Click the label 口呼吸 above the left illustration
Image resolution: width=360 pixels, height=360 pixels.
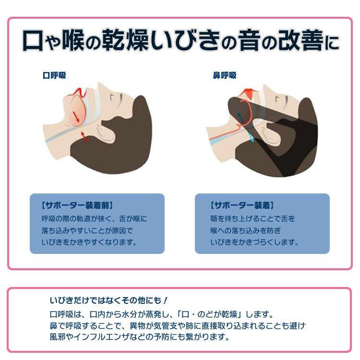click(54, 75)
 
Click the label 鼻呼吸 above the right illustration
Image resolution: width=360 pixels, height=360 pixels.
click(225, 75)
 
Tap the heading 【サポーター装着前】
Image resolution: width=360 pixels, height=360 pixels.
click(77, 205)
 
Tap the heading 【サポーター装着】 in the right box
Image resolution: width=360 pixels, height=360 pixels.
click(242, 205)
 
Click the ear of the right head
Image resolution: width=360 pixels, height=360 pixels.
click(270, 135)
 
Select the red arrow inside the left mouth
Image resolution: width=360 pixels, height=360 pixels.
click(76, 117)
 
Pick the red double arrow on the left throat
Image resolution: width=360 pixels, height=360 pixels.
click(84, 137)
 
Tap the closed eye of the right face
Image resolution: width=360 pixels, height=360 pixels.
click(286, 101)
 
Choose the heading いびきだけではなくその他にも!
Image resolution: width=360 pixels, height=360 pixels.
click(108, 300)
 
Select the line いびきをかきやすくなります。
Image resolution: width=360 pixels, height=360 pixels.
click(89, 242)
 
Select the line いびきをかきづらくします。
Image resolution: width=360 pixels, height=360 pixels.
click(254, 242)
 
